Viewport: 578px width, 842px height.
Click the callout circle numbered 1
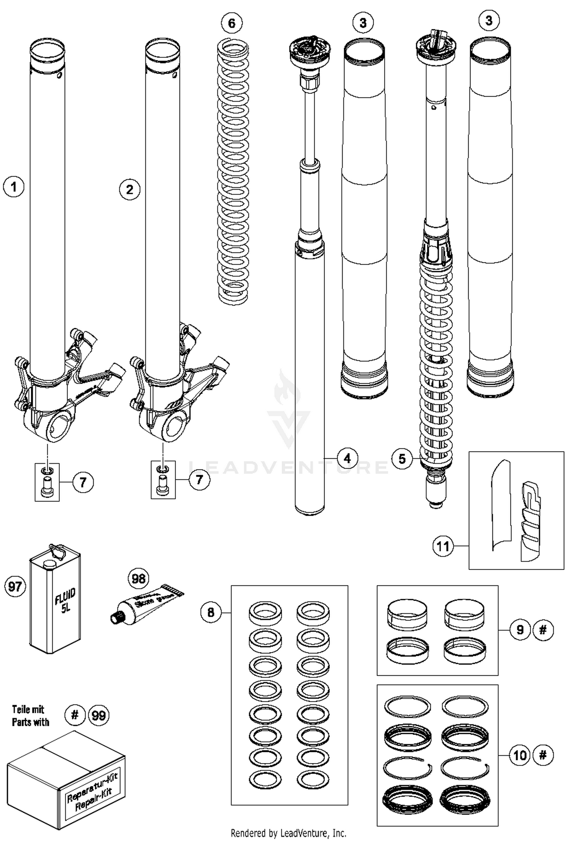pos(14,187)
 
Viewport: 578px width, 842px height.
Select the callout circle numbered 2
pos(129,189)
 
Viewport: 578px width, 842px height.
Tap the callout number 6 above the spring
pos(232,23)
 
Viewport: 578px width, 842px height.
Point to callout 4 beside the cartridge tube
pos(347,458)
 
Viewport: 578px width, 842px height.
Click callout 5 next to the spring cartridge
pos(402,459)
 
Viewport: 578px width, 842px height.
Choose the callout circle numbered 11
pos(443,546)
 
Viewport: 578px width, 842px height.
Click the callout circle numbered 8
pos(211,612)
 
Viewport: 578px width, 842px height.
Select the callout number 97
pos(15,586)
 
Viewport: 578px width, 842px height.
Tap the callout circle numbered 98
pos(138,578)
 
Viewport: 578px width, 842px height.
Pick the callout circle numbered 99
pos(99,715)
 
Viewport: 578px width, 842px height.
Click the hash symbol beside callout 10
pos(543,755)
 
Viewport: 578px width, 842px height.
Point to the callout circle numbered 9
pos(520,630)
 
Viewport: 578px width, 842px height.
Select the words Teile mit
pos(28,709)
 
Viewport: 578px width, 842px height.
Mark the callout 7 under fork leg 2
pos(199,479)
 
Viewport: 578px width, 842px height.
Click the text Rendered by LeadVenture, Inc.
pos(288,834)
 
